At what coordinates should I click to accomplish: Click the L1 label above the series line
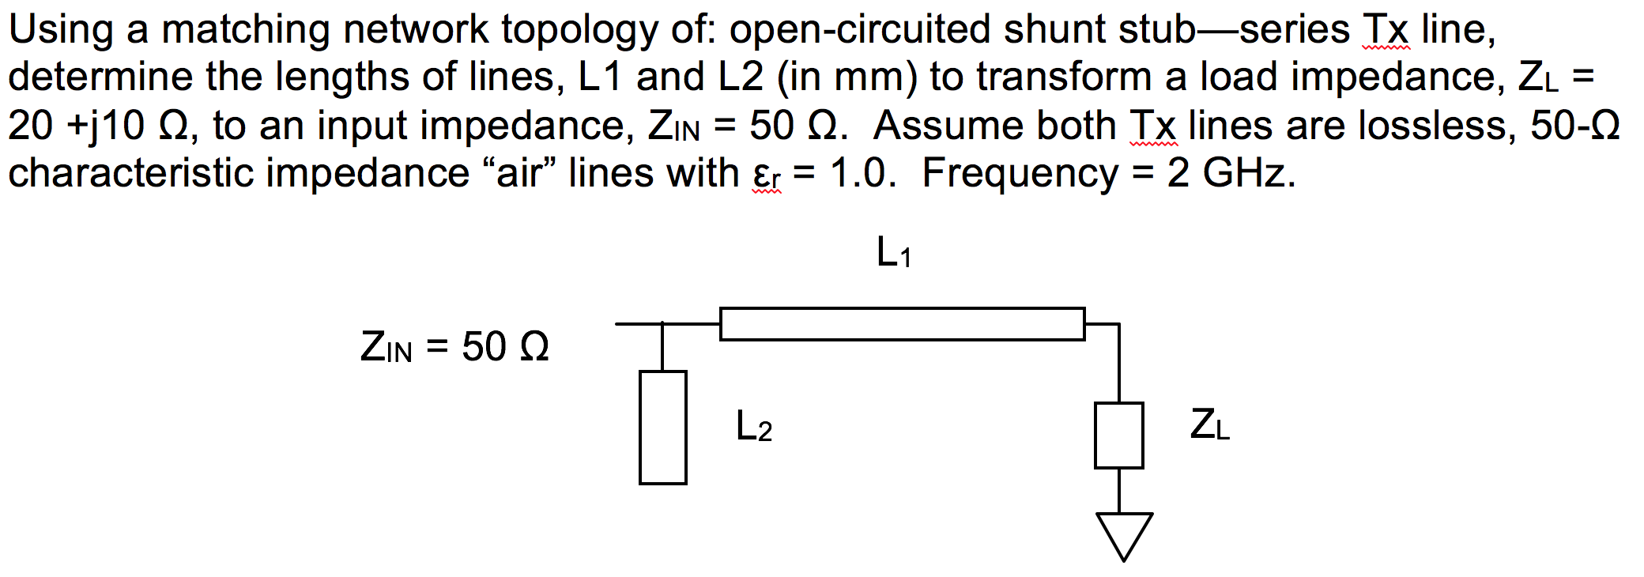(x=894, y=253)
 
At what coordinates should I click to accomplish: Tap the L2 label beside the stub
(x=753, y=427)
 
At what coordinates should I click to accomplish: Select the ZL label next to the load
(x=1209, y=424)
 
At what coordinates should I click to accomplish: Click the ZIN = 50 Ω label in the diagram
(x=454, y=347)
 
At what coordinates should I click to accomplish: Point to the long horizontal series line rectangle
(x=902, y=324)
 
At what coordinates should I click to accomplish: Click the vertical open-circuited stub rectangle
(x=662, y=428)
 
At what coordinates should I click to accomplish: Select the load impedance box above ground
(x=1118, y=436)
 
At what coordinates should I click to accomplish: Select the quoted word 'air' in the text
(x=518, y=173)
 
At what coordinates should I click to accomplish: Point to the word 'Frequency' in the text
(x=1020, y=173)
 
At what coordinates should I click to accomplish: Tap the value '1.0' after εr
(x=862, y=173)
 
